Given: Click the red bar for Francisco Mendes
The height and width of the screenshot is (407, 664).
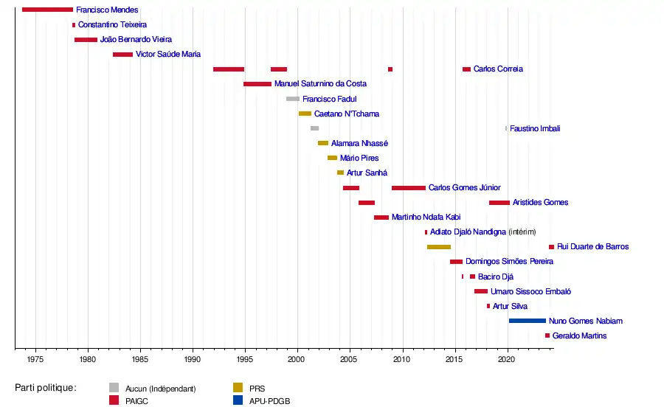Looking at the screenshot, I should click(x=47, y=10).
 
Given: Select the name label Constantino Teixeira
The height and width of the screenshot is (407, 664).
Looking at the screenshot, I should click(x=112, y=25).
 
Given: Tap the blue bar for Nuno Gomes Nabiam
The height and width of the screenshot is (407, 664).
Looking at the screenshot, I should click(x=527, y=321).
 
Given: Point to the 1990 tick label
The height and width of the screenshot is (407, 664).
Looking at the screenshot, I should click(x=193, y=359).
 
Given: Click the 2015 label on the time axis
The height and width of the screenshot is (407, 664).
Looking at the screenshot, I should click(x=454, y=359).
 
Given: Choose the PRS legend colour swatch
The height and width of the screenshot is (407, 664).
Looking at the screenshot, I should click(x=238, y=388).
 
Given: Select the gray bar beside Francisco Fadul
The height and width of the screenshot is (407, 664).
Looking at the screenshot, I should click(x=293, y=99).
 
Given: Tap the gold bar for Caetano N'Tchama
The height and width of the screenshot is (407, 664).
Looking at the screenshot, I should click(x=305, y=114).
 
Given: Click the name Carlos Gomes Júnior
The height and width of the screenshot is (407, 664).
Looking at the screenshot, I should click(x=464, y=188).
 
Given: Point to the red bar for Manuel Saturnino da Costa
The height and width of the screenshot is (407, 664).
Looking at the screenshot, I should click(x=257, y=84).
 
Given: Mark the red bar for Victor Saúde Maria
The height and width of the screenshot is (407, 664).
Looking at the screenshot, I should click(x=122, y=55).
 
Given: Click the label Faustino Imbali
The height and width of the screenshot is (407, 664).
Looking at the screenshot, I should click(x=535, y=128).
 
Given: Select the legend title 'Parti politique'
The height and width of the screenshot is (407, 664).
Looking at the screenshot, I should click(x=45, y=388).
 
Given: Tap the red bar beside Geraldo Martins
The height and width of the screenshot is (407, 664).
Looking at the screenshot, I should click(x=547, y=335).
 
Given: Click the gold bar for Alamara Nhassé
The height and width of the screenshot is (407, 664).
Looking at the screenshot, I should click(x=323, y=143).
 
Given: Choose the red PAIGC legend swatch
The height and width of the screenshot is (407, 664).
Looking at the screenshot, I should click(x=114, y=400).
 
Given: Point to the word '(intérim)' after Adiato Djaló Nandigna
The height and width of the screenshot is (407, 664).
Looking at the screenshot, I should click(x=522, y=232).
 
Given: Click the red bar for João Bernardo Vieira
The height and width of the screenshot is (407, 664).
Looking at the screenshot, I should click(x=86, y=40).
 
